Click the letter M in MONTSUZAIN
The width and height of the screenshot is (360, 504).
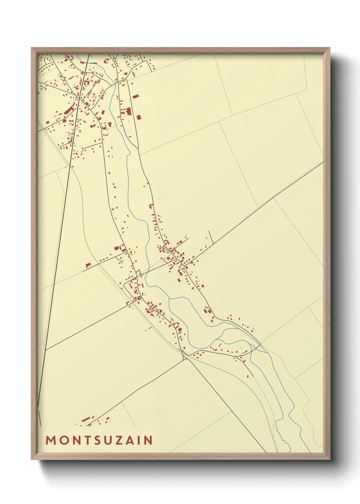pos(51,440)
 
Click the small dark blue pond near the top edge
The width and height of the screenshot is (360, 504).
pos(94,63)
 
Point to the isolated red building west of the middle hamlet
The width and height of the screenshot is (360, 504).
pos(88,265)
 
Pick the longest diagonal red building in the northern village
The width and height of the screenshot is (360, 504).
pos(69,110)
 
